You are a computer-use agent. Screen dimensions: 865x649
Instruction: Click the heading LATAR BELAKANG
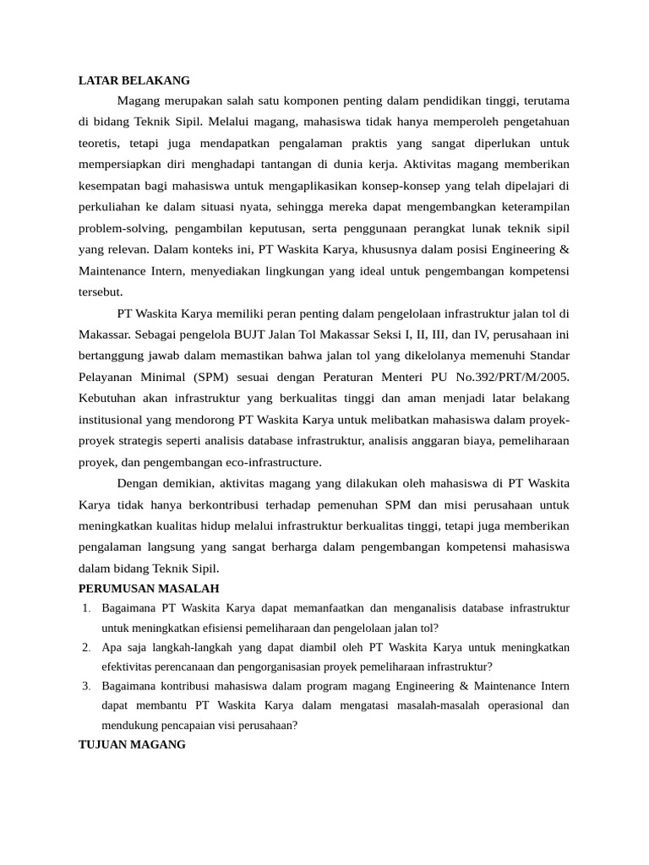(134, 80)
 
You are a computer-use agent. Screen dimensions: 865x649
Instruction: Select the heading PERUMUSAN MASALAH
(149, 588)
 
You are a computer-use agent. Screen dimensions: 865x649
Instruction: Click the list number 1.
(86, 607)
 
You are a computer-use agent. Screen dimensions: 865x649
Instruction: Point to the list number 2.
(86, 647)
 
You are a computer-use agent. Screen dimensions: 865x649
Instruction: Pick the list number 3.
(86, 685)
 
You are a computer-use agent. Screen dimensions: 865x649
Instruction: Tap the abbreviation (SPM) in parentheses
(216, 376)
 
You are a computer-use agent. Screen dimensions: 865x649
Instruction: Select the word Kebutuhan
(108, 397)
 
